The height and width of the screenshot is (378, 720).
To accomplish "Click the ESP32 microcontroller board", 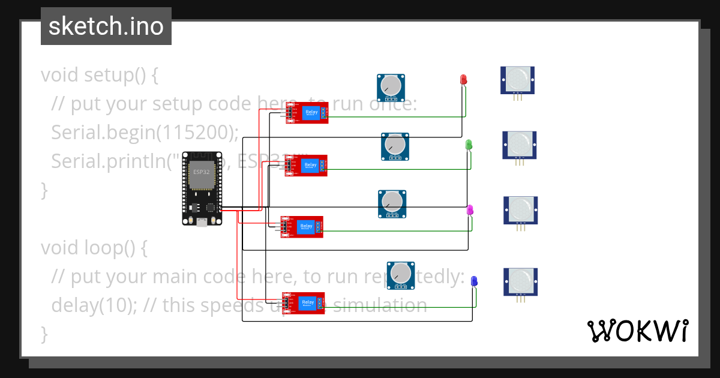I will click(202, 188).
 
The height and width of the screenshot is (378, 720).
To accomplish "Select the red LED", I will click(463, 80).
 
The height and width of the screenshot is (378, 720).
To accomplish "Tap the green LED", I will click(469, 145).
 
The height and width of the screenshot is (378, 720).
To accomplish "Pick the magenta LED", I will click(470, 210).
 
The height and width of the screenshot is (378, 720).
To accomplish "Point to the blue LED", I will click(474, 281).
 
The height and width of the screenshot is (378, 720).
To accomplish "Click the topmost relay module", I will click(307, 113).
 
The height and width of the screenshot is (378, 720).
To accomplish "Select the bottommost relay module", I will click(304, 303).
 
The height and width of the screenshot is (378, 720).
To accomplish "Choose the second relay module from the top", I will click(306, 166).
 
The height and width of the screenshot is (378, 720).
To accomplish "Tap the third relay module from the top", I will click(302, 227).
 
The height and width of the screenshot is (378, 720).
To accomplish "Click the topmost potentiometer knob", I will click(391, 86).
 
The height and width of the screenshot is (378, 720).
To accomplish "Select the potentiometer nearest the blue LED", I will click(400, 274).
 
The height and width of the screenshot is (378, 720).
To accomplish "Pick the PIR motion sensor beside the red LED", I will click(517, 79).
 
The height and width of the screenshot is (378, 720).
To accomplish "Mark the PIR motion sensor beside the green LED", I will click(519, 145).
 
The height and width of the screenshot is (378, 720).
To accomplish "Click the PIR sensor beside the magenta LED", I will click(520, 209).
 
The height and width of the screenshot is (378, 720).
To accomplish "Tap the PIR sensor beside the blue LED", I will click(520, 281).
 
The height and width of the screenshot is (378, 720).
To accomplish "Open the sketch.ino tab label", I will click(106, 26).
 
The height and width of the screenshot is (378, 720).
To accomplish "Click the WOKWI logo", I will click(637, 331).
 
